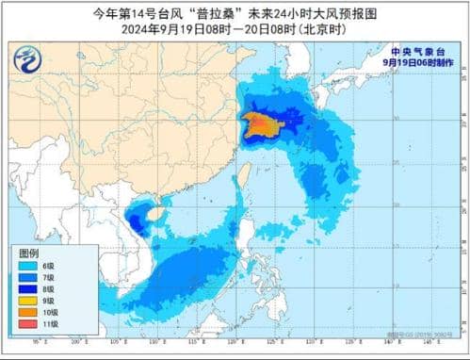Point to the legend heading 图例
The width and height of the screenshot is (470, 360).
(29, 254)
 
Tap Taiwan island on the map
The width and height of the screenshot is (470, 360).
(239, 175)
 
